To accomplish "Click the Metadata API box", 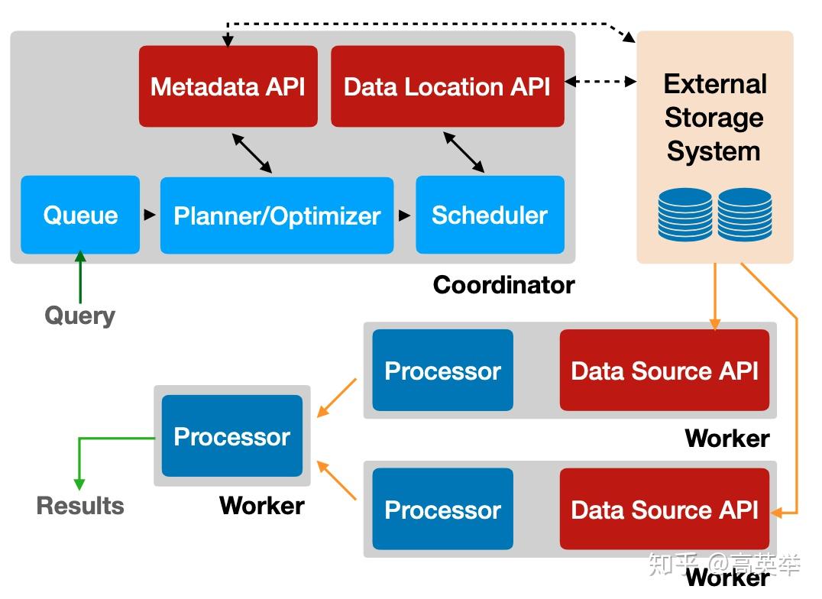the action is pos(228,86).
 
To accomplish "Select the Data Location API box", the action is pos(448,86).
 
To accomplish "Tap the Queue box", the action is pos(80,215).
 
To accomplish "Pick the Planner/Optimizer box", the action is pos(277,215).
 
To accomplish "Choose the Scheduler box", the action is pos(490,215).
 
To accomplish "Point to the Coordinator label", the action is pos(503,285).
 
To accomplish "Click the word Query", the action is pos(79,316).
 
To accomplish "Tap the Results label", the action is pos(80,506).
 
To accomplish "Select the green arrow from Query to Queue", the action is pos(80,277).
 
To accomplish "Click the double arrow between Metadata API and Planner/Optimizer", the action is pos(252,153).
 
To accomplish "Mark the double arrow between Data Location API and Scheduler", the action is pos(464,152).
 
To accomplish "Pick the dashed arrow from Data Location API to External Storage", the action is pos(600,81).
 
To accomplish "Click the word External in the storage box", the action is pos(715,84).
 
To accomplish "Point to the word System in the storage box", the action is pos(714,151).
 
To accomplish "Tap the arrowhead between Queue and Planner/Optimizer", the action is pos(150,215).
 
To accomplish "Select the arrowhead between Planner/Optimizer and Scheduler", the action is pos(404,215).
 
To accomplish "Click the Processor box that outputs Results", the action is pos(232,435).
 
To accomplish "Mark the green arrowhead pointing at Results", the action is pos(79,484).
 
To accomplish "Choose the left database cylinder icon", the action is pos(684,215).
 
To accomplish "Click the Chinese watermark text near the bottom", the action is pos(724,565).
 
